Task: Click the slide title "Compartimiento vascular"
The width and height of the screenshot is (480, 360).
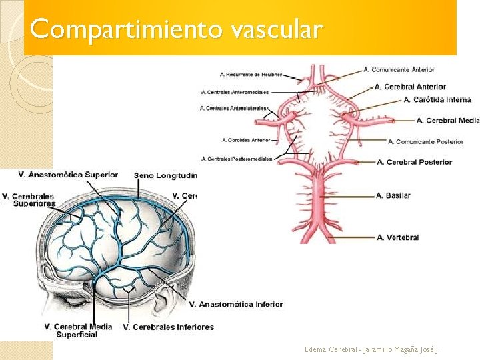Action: click(176, 29)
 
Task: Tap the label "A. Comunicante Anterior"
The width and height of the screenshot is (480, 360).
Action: click(399, 69)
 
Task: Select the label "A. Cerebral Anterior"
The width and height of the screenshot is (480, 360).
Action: click(410, 87)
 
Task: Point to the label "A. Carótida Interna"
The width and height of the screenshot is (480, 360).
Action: click(437, 99)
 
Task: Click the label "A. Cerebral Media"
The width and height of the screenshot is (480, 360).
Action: click(447, 121)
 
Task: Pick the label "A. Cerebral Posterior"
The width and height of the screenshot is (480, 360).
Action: click(414, 162)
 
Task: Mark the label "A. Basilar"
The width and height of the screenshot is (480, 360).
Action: click(393, 195)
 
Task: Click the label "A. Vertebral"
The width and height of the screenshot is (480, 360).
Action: click(397, 237)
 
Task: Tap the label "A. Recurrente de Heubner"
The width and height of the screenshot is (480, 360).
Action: click(251, 74)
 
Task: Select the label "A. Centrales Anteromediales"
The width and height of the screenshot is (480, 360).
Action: click(235, 92)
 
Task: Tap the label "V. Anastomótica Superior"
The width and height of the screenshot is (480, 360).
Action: click(68, 175)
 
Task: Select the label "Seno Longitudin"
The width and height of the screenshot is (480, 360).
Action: click(165, 175)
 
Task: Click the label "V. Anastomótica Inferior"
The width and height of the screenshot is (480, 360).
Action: click(236, 304)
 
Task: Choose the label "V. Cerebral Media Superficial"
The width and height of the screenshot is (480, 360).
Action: click(77, 331)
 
